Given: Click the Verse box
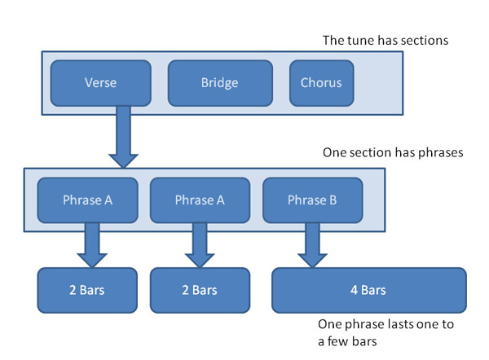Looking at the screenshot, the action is coord(101,83).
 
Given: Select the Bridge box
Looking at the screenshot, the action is coord(220,83).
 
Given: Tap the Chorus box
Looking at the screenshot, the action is coord(322,83).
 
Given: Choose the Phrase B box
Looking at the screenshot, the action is coord(312,200).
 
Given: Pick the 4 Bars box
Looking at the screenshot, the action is coord(369,290).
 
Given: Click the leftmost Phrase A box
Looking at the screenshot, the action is coord(88,200).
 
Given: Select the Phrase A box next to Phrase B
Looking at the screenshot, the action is coord(200,200).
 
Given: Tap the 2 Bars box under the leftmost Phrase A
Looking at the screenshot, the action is coord(87,290).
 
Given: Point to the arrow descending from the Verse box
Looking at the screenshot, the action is coord(124,137).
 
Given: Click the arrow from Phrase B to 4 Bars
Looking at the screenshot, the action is coord(312,245).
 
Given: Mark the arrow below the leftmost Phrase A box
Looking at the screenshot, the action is coord(92,245).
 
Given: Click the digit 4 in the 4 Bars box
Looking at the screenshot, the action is coord(354,290).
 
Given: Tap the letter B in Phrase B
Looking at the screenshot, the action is coord(333,200).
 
